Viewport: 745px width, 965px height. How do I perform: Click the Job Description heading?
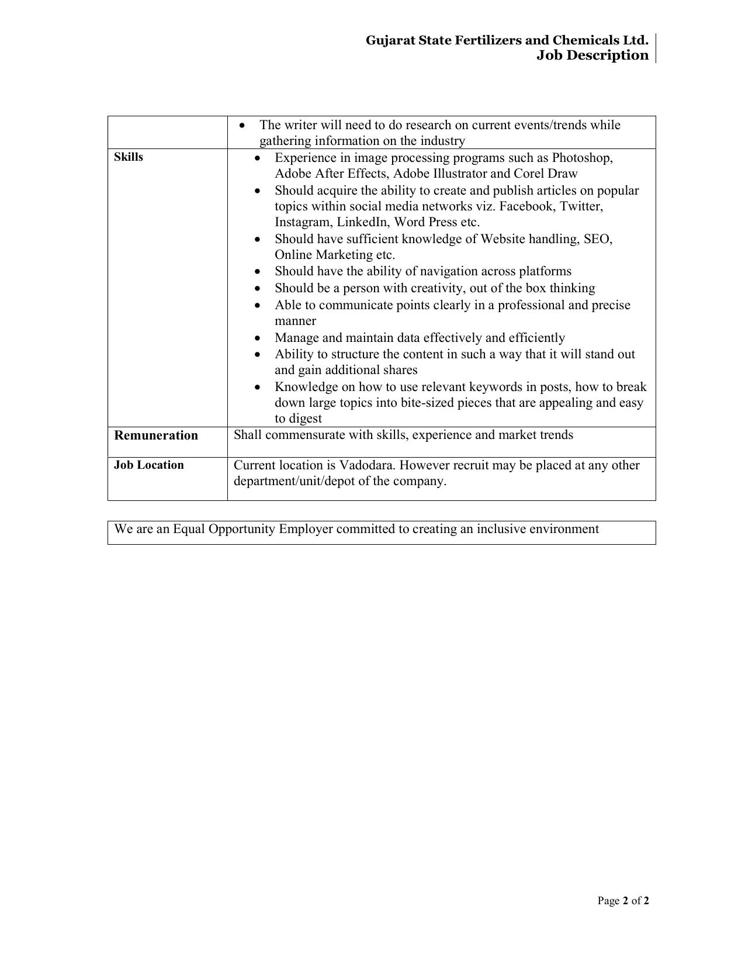[592, 56]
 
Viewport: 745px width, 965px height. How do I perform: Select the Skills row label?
[129, 157]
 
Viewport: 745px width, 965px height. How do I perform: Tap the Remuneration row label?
[156, 435]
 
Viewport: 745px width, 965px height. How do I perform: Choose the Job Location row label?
[149, 465]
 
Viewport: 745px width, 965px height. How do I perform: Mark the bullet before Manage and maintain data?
[258, 338]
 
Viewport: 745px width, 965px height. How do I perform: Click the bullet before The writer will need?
[242, 126]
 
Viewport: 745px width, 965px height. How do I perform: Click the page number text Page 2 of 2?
[623, 901]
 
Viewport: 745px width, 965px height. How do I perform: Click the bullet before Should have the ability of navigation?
[258, 272]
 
